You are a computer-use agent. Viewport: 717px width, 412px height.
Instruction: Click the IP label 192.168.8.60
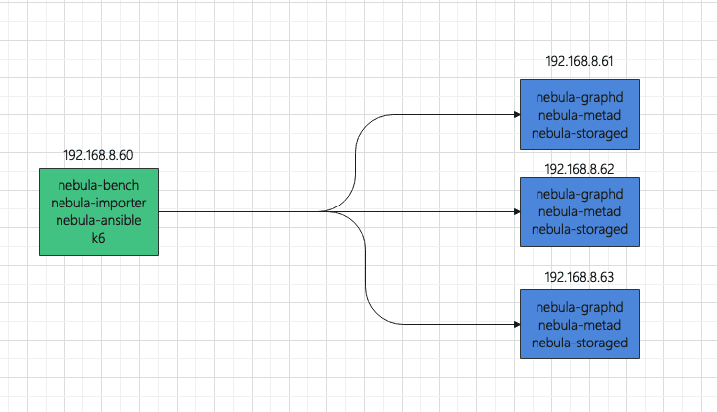click(x=98, y=156)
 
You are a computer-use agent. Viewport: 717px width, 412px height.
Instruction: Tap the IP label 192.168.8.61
click(x=579, y=61)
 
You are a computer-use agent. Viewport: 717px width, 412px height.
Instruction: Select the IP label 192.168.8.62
click(x=579, y=168)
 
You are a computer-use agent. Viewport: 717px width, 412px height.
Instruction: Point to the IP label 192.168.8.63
click(x=579, y=275)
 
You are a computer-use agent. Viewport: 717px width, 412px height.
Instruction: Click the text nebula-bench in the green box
click(x=98, y=186)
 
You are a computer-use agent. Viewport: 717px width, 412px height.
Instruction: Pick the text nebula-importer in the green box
click(x=98, y=204)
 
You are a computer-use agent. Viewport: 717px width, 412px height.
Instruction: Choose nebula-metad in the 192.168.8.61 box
click(x=580, y=115)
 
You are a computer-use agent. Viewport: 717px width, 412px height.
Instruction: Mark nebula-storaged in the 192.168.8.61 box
click(x=580, y=133)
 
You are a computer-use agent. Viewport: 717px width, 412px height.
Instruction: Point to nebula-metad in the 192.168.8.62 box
click(x=580, y=211)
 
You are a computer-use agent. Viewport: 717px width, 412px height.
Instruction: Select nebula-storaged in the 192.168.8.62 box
click(x=580, y=229)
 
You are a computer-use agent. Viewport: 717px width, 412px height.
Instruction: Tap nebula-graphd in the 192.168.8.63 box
click(x=580, y=307)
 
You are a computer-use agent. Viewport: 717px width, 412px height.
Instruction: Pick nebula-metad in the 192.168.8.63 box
click(x=580, y=325)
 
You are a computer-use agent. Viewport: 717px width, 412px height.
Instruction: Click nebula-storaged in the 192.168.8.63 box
click(x=580, y=343)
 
